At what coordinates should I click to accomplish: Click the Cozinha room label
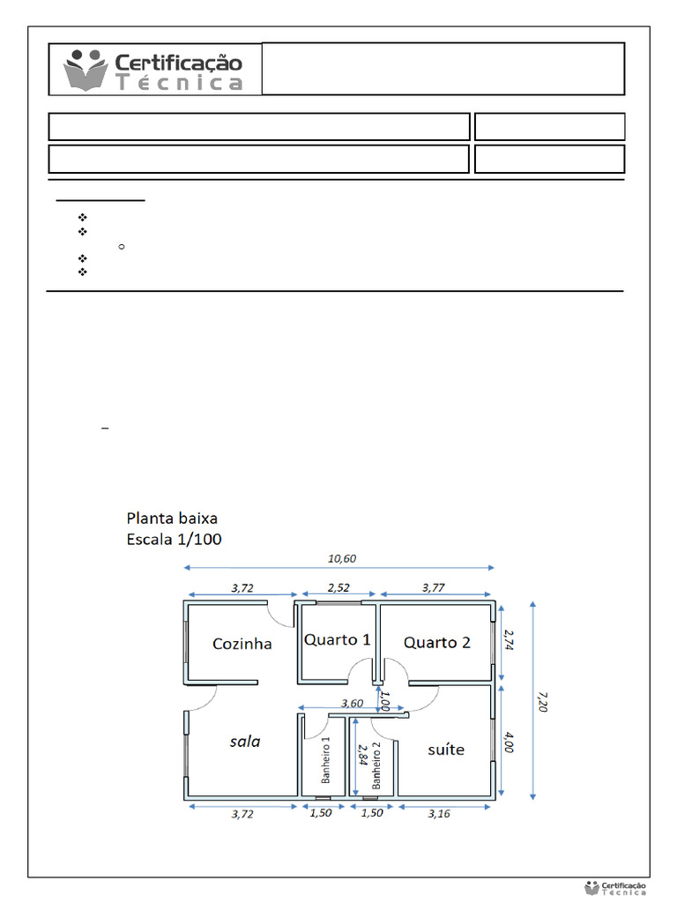(242, 644)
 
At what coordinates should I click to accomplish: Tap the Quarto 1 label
(338, 639)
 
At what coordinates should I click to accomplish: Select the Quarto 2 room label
(437, 642)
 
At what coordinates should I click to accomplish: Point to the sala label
(245, 742)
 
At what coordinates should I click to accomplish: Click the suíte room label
(445, 750)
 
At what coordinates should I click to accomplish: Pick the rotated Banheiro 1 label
(325, 760)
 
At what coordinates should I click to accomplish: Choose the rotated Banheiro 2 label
(376, 765)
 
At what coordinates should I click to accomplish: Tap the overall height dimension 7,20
(539, 702)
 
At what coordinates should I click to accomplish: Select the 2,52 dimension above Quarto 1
(338, 586)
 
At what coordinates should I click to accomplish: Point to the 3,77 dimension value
(433, 586)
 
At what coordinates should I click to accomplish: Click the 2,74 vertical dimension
(508, 639)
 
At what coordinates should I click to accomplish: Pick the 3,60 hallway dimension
(353, 703)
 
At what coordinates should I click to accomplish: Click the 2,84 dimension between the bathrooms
(361, 757)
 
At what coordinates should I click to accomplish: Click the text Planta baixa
(172, 519)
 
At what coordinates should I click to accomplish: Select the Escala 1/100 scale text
(175, 539)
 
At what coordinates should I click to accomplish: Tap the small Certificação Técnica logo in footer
(615, 888)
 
